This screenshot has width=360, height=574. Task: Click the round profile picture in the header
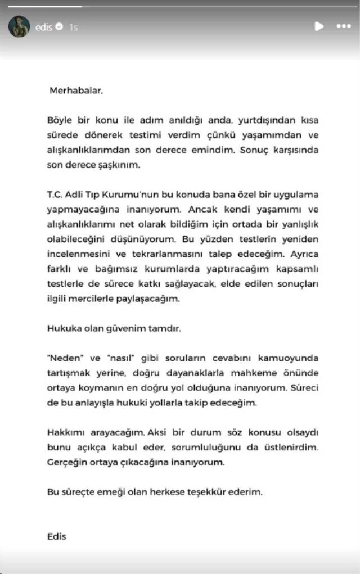[19, 26]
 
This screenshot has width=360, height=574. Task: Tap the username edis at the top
[44, 26]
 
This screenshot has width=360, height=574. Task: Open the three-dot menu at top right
[343, 26]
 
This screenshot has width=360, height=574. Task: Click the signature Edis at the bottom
[57, 536]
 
